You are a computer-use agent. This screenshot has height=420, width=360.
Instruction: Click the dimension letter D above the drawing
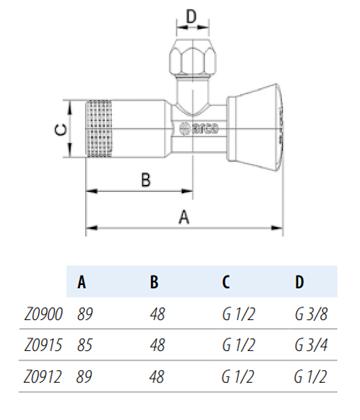191,17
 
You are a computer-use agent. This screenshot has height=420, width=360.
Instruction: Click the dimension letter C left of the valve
61,129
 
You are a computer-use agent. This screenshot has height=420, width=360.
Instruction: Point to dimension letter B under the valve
146,180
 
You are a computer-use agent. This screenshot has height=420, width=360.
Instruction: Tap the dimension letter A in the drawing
184,217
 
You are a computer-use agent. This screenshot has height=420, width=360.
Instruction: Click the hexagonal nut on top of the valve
192,60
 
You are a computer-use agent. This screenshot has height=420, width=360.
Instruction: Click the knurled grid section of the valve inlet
99,128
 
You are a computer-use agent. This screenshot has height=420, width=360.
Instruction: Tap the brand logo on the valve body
199,128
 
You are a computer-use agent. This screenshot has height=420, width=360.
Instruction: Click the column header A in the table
82,282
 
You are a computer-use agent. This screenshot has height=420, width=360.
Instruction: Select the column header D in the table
299,282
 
